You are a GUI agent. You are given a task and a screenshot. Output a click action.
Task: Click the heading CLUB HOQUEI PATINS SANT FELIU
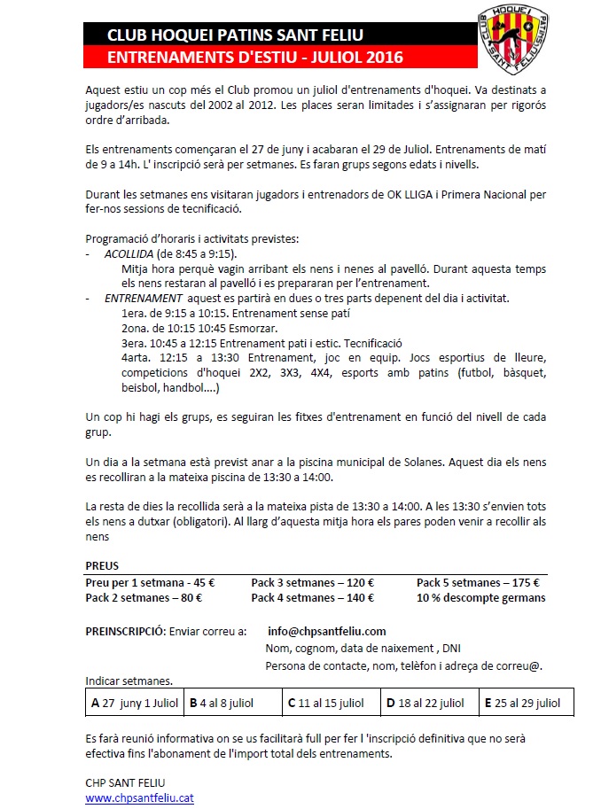(234, 35)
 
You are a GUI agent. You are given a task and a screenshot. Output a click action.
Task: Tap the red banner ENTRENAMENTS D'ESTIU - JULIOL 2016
(254, 58)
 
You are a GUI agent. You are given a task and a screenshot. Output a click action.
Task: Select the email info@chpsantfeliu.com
(326, 631)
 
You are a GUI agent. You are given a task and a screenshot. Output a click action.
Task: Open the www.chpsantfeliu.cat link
(139, 797)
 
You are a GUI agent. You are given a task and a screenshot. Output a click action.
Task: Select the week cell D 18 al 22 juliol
(428, 703)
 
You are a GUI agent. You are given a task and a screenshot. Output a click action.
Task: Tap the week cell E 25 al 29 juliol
(525, 703)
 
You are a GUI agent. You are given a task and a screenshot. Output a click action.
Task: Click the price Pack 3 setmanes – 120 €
(312, 582)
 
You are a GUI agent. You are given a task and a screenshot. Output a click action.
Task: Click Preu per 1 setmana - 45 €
(150, 582)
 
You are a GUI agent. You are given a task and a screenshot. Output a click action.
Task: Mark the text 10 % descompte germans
(480, 597)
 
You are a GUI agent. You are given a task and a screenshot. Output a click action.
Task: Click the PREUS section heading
(101, 565)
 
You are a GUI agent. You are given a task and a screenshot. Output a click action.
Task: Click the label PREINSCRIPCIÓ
(124, 631)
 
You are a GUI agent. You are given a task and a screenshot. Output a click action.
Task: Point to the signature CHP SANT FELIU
(125, 782)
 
